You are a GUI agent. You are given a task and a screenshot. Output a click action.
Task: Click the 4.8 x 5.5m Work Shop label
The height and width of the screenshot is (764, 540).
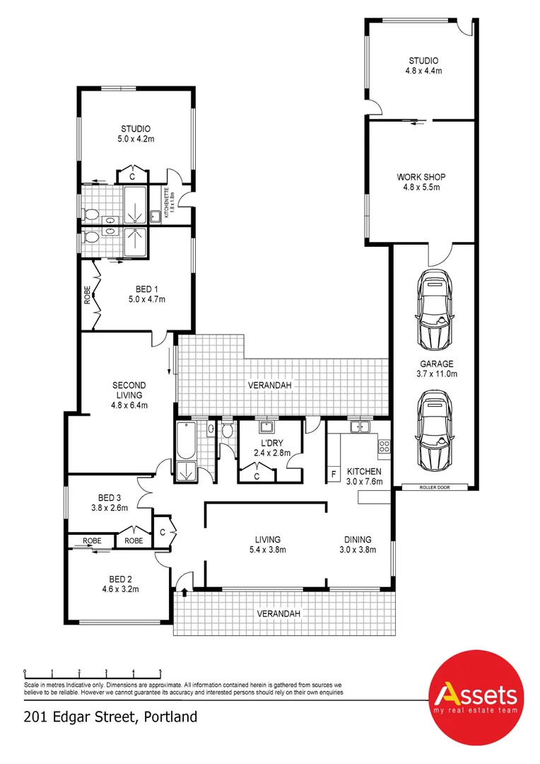click(x=421, y=182)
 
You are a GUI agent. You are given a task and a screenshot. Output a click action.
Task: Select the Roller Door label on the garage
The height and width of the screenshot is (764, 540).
click(x=434, y=487)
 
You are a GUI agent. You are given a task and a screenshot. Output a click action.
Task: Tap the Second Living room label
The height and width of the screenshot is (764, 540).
click(x=129, y=395)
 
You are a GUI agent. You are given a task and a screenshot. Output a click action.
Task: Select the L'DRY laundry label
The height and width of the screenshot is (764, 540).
click(x=272, y=448)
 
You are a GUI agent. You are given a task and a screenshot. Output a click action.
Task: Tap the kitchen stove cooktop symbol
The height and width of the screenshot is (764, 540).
click(x=385, y=446)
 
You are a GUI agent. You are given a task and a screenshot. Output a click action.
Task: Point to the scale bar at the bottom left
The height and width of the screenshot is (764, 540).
click(x=93, y=672)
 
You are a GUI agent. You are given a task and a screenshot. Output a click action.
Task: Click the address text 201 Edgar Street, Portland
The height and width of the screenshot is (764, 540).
click(x=110, y=717)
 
